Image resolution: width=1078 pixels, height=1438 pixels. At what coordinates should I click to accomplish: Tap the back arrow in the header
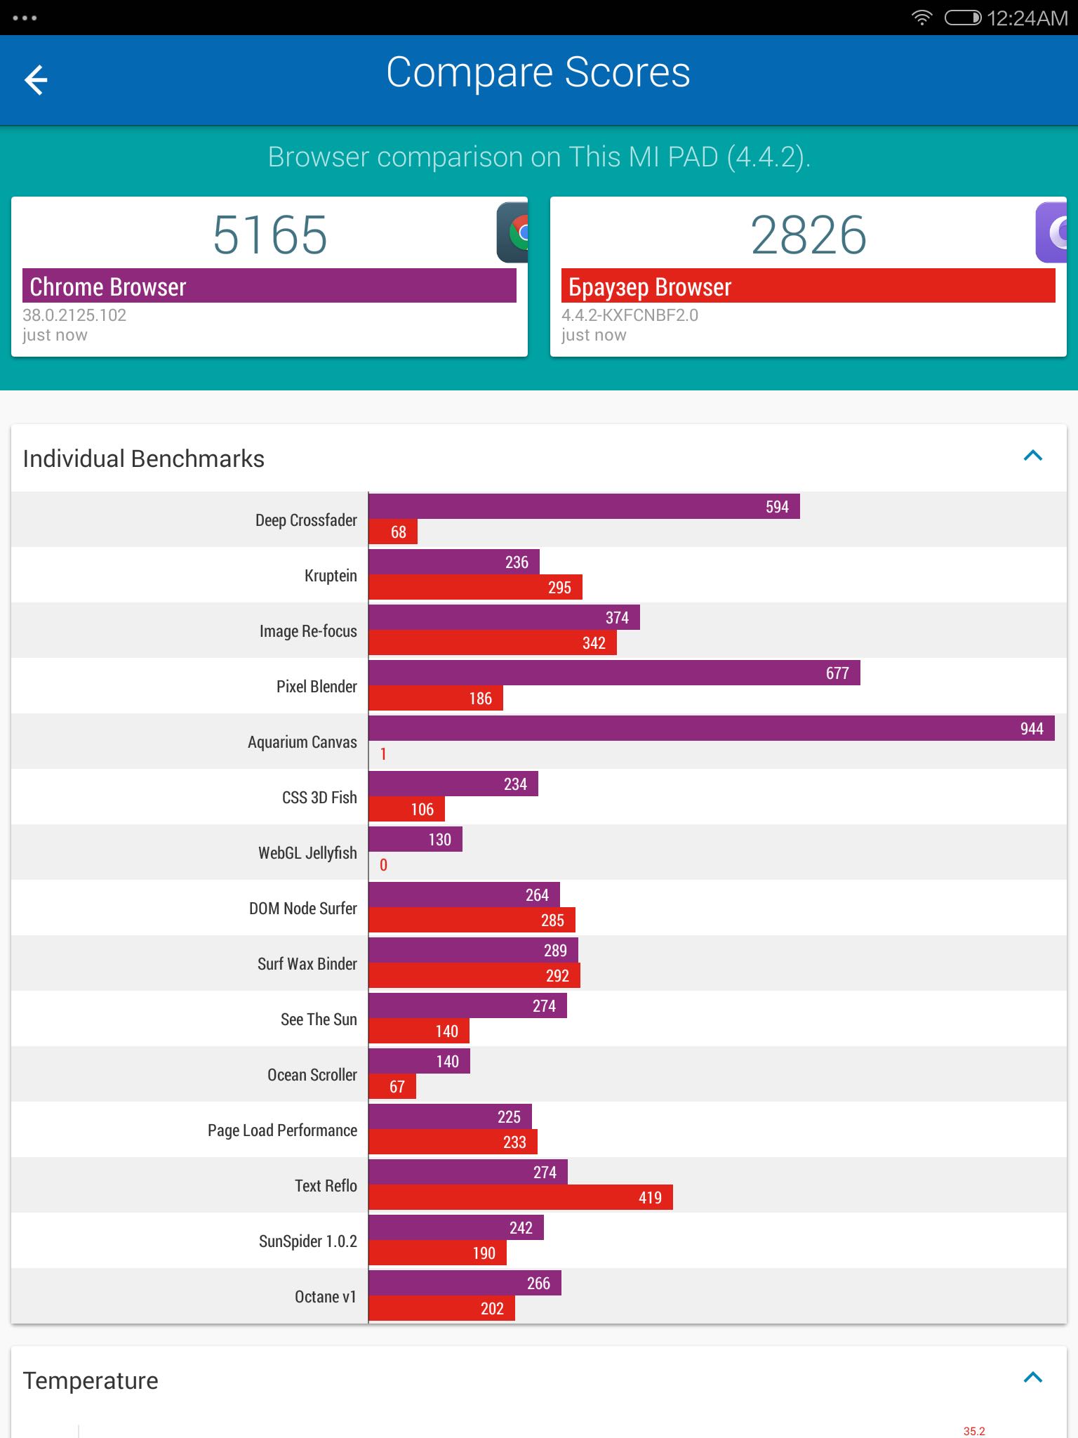[36, 79]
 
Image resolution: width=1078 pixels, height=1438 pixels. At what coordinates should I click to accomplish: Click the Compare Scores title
[538, 73]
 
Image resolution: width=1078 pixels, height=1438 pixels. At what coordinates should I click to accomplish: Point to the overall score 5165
[269, 235]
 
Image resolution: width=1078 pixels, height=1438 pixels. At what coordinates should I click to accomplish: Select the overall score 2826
[808, 235]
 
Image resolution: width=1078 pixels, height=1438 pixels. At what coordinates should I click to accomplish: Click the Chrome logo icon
[513, 232]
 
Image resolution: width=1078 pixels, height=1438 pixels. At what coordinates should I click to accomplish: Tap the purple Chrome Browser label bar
[269, 286]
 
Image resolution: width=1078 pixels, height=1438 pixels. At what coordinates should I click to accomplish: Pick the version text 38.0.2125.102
[74, 315]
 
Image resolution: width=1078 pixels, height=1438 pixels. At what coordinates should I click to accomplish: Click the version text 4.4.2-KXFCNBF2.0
[630, 315]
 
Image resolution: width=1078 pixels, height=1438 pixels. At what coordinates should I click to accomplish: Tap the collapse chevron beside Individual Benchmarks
[1033, 456]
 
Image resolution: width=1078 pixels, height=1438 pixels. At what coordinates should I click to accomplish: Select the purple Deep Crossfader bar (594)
[584, 506]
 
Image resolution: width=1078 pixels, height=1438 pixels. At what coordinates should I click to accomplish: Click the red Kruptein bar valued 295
[475, 587]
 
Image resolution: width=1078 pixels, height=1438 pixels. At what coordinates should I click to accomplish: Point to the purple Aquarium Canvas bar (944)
[712, 728]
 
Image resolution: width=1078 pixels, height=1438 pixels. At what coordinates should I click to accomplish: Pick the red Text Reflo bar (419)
[521, 1197]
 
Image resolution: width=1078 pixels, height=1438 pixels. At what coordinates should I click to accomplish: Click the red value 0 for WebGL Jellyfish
[383, 865]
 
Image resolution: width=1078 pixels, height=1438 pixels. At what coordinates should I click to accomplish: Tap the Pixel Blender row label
[317, 686]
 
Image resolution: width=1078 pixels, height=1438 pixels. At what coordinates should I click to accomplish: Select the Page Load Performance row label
[282, 1130]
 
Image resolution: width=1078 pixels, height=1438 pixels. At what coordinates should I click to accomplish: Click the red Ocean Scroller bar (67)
[392, 1086]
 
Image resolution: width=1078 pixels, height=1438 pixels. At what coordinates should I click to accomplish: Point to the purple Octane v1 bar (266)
[465, 1283]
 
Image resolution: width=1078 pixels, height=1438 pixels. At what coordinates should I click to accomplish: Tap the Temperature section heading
[91, 1380]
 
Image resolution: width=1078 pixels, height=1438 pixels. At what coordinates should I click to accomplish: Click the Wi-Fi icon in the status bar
[921, 18]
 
